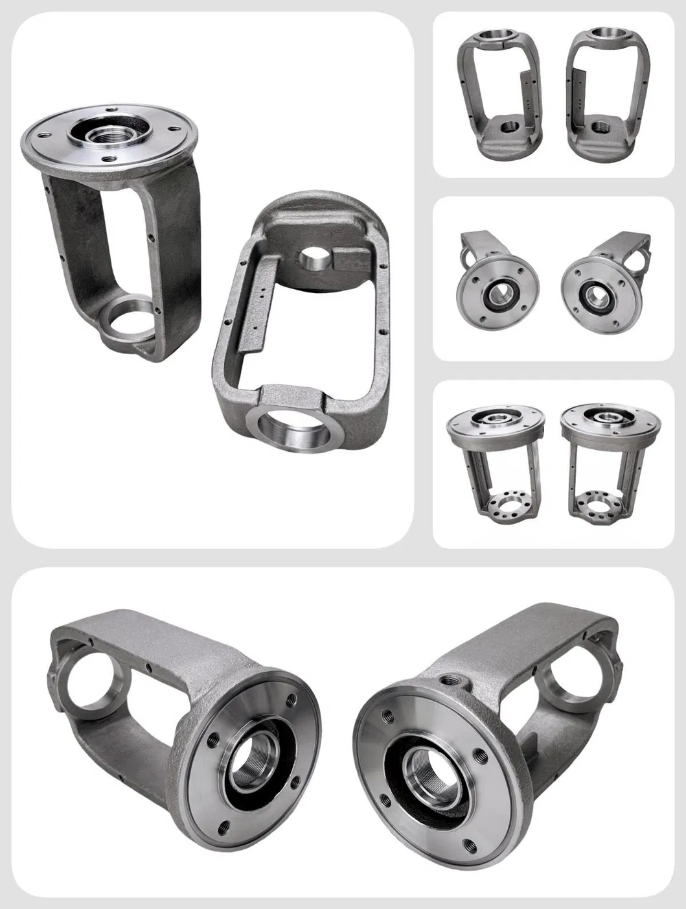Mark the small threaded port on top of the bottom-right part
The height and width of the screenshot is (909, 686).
point(447,681)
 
